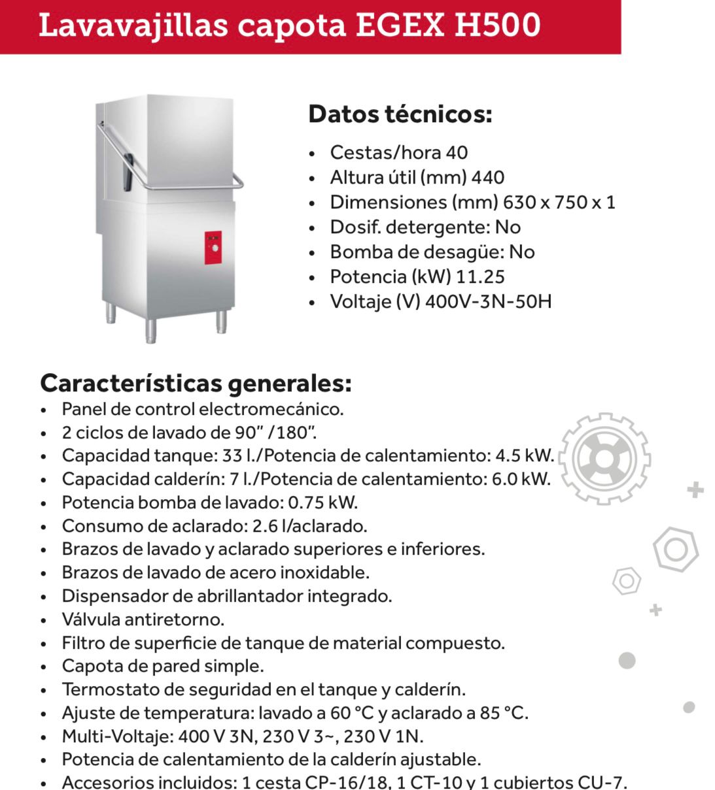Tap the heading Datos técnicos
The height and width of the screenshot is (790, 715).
point(400,114)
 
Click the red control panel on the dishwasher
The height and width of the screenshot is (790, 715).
point(213,248)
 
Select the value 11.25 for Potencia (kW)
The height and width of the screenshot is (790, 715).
point(480,276)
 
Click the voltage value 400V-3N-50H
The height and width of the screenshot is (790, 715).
point(488,301)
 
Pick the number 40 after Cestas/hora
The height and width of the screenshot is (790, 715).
point(457,152)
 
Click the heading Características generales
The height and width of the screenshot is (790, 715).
point(196,383)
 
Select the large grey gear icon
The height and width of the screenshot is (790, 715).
point(604,459)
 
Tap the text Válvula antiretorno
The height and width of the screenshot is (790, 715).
point(143,619)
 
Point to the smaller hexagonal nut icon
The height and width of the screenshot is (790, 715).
point(626,580)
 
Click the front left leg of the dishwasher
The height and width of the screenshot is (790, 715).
point(150,331)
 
